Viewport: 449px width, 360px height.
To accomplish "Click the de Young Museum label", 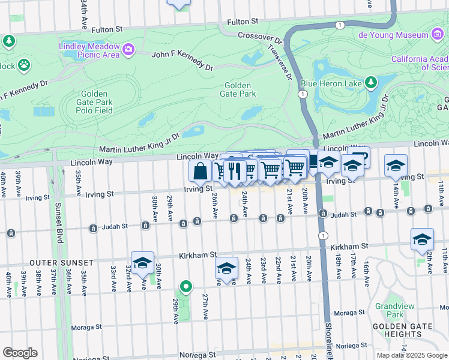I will click(394, 35).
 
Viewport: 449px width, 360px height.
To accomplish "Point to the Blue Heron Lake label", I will click(331, 82).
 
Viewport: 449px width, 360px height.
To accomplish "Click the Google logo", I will click(20, 353).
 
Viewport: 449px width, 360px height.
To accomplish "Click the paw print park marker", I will click(24, 64).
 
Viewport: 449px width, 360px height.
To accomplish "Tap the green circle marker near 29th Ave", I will click(186, 288).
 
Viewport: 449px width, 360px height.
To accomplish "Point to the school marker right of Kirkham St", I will click(422, 239).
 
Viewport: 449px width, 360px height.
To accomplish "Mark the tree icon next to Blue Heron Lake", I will click(372, 82).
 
